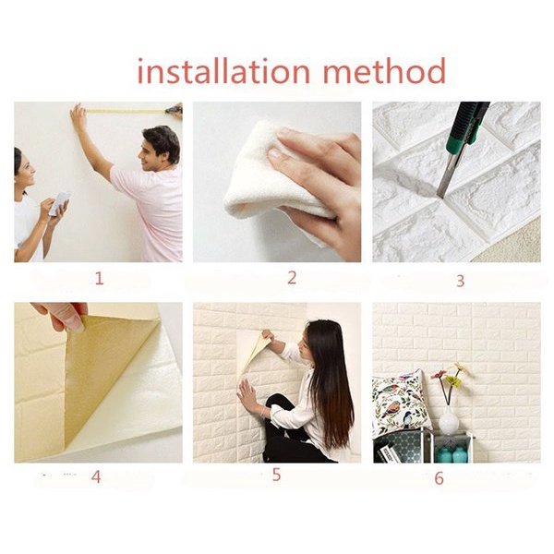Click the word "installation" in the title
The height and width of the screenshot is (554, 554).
pyautogui.click(x=223, y=71)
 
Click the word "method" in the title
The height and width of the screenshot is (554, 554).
pyautogui.click(x=384, y=71)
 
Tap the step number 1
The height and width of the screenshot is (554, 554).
pyautogui.click(x=100, y=279)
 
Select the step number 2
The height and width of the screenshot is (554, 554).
pyautogui.click(x=292, y=278)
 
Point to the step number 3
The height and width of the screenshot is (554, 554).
pyautogui.click(x=460, y=281)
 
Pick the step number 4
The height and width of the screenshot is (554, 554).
pyautogui.click(x=96, y=477)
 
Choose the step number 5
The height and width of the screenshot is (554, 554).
pyautogui.click(x=276, y=475)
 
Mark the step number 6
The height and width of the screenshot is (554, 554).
pyautogui.click(x=439, y=478)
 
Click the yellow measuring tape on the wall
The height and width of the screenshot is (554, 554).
pyautogui.click(x=126, y=111)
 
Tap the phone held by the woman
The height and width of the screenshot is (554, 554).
pyautogui.click(x=59, y=203)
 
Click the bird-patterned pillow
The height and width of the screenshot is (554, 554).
pyautogui.click(x=401, y=403)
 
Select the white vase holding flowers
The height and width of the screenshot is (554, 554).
pyautogui.click(x=449, y=420)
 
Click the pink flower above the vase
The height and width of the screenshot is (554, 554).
pyautogui.click(x=439, y=375)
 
